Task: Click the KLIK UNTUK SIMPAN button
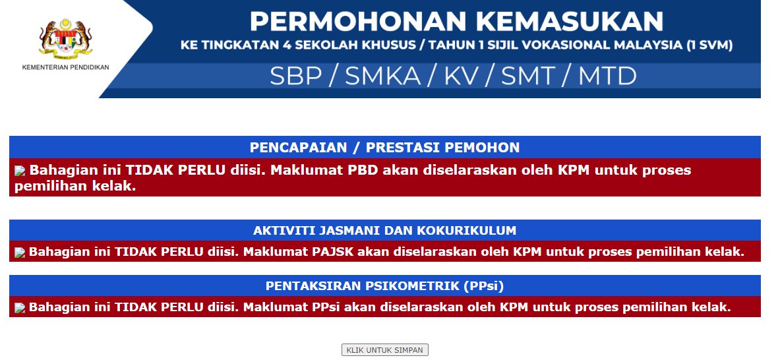[384, 350]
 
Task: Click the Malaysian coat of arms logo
[66, 39]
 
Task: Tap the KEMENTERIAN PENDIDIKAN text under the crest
[66, 67]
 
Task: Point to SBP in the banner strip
[295, 76]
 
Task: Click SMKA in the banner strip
[382, 76]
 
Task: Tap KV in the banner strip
[462, 76]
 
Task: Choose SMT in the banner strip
[527, 76]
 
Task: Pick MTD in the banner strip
[607, 76]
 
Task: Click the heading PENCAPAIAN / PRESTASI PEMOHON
[384, 148]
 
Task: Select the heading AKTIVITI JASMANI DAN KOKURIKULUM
[384, 231]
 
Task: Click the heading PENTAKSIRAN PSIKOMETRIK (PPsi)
[384, 286]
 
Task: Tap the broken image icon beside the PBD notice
[20, 171]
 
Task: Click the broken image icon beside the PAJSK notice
[20, 253]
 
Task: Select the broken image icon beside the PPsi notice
[20, 308]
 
